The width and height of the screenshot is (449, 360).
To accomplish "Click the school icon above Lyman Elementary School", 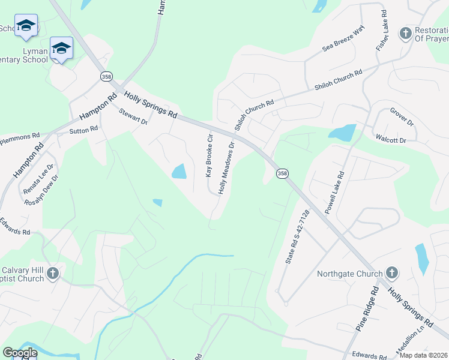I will click(x=61, y=47).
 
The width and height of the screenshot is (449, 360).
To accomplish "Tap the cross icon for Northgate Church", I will click(x=391, y=273).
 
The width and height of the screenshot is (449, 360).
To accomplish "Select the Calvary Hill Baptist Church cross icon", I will click(x=53, y=274).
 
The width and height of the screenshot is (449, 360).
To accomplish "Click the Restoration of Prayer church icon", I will click(x=406, y=32).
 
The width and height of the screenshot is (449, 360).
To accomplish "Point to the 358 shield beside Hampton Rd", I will click(x=106, y=77).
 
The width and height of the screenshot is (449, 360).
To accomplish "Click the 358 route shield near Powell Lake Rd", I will click(x=282, y=173).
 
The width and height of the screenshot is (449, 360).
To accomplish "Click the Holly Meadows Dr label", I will click(x=226, y=167).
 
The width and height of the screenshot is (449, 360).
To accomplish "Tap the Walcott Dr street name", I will click(x=391, y=139).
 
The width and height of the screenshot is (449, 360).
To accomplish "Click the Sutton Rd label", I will click(x=83, y=130).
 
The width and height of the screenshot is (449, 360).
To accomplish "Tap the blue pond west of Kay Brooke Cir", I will click(x=179, y=172).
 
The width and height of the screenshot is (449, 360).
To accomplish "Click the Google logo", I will click(x=19, y=353).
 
